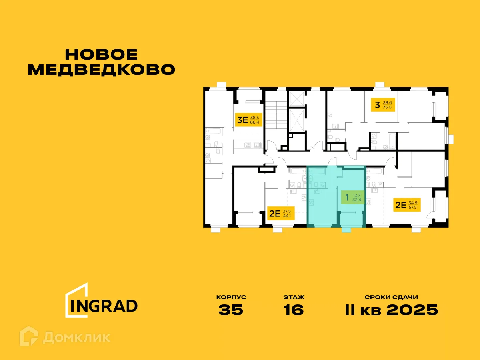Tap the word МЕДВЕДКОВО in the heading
[x=102, y=70]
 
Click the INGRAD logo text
[x=104, y=306]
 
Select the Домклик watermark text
[x=76, y=337]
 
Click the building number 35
[x=231, y=310]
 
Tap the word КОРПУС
[x=231, y=298]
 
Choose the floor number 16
[x=294, y=310]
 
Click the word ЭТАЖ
[x=294, y=298]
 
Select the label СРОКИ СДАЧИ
[x=391, y=298]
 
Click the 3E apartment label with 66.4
[x=248, y=120]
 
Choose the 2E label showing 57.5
[x=406, y=205]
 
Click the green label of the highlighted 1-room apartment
[x=352, y=197]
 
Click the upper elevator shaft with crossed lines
[x=297, y=98]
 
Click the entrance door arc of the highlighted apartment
[x=332, y=162]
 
